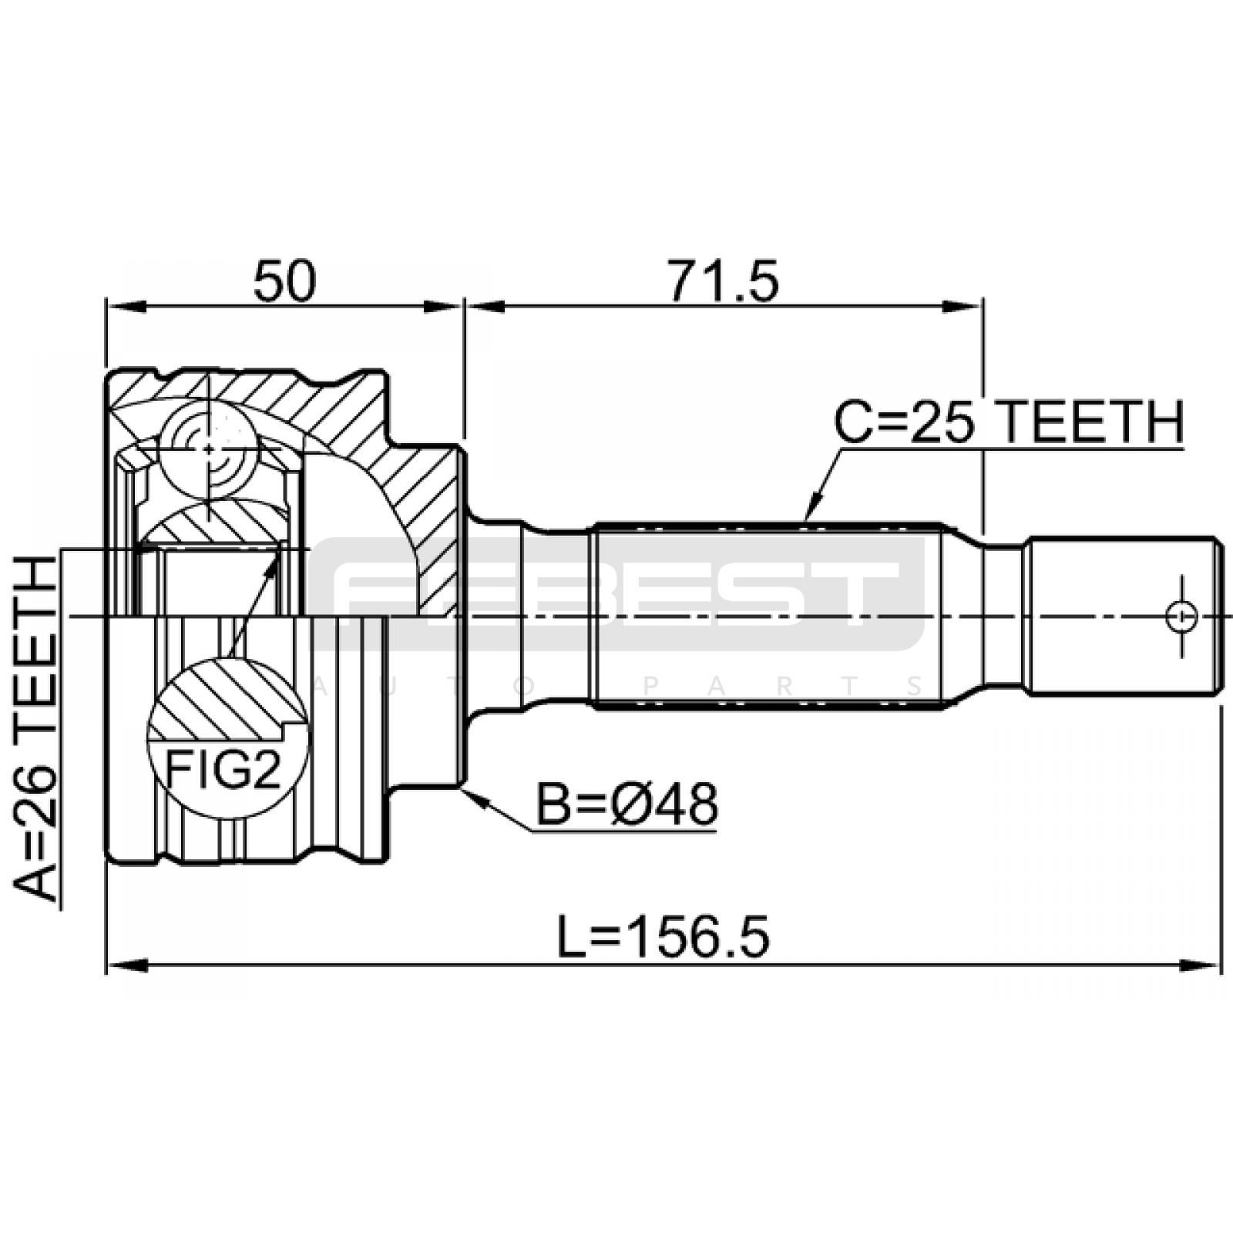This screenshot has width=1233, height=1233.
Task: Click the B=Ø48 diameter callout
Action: point(627,805)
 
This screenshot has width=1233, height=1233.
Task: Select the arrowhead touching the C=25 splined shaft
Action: point(811,509)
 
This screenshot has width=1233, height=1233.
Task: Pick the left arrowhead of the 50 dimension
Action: point(126,307)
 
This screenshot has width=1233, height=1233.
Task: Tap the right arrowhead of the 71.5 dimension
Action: point(963,307)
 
